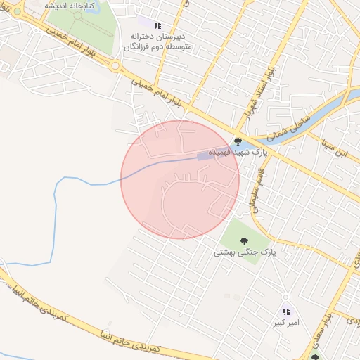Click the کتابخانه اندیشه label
point(69,5)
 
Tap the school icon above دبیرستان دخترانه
point(157,25)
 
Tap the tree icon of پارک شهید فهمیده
point(238,142)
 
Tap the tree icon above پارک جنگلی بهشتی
point(243,240)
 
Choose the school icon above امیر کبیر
point(285,311)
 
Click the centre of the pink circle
point(180,179)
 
